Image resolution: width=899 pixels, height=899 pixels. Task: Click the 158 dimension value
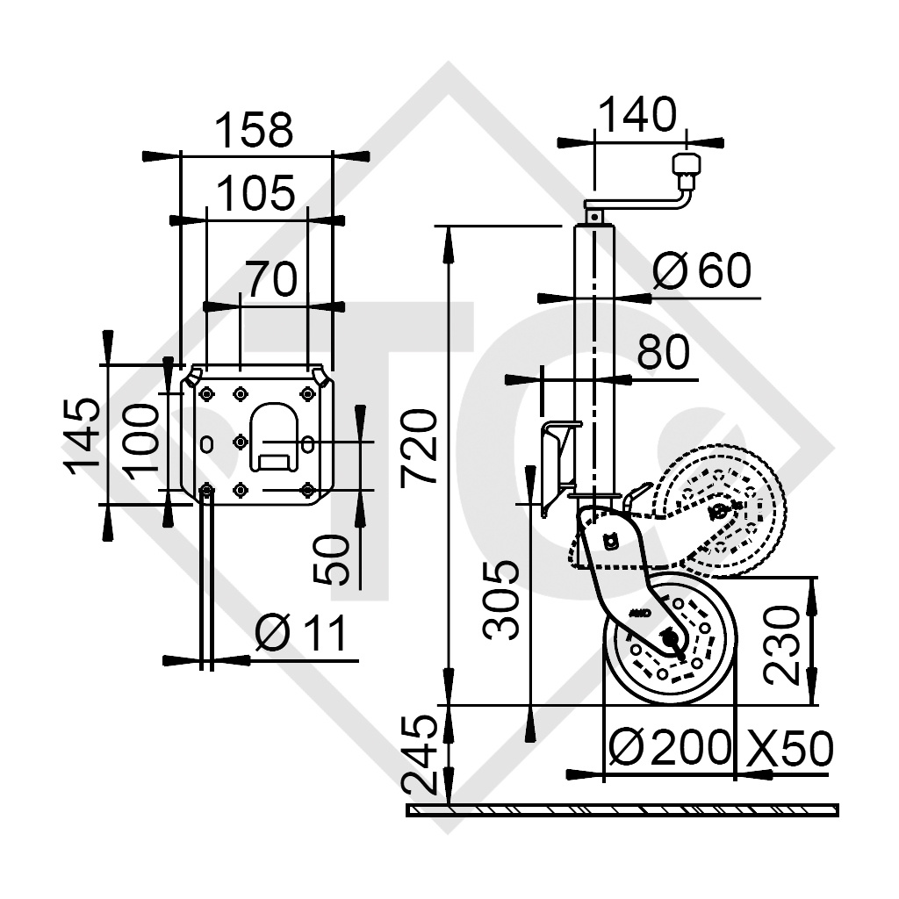(254, 131)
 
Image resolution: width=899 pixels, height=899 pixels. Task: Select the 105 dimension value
(255, 194)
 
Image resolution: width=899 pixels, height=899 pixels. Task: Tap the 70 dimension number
(271, 280)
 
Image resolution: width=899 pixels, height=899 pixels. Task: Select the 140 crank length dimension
(638, 115)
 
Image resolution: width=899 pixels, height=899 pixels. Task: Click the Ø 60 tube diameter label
(702, 271)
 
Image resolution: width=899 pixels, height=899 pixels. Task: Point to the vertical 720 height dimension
(419, 447)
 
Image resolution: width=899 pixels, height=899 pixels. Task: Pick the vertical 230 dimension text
(780, 642)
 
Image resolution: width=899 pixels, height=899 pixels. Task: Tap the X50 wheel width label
(789, 748)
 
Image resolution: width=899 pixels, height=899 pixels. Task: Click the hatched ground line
(622, 809)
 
